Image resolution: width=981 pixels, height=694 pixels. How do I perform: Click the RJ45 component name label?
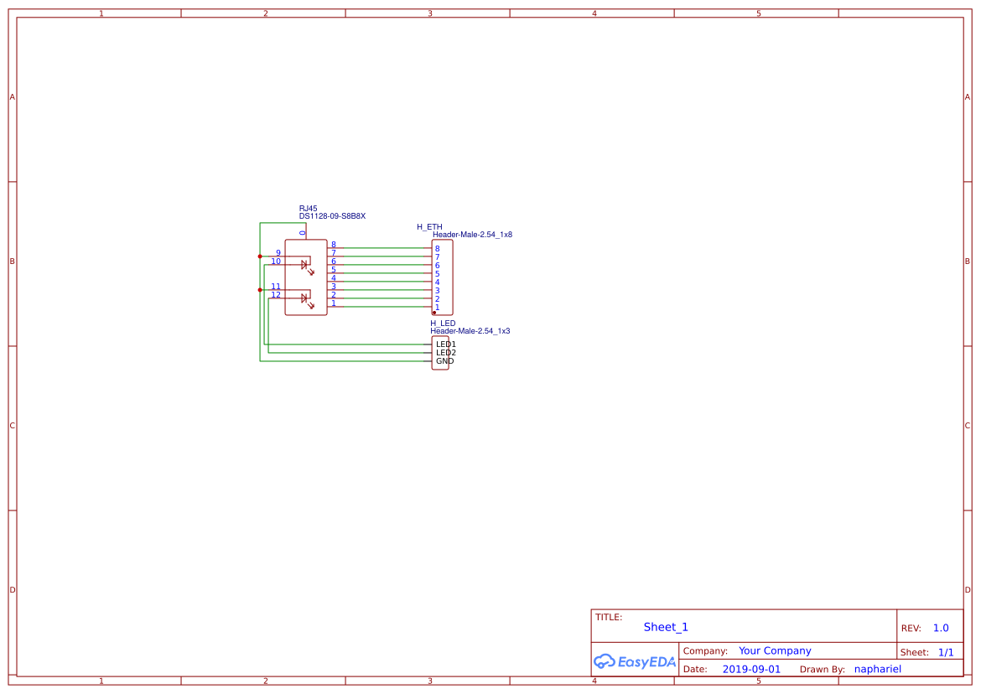click(x=308, y=209)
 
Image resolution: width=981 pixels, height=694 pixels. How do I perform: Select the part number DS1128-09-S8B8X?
click(x=332, y=216)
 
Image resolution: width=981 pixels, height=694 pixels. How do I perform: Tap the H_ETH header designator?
click(x=429, y=227)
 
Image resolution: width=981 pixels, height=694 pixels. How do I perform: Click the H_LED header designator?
click(x=443, y=324)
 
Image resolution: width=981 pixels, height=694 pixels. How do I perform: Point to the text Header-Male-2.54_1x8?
click(x=472, y=235)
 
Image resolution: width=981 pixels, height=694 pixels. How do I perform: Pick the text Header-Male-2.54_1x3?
click(x=470, y=331)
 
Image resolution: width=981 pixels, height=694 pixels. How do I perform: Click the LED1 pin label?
click(x=445, y=344)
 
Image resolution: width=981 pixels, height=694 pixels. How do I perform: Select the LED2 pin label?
click(x=445, y=353)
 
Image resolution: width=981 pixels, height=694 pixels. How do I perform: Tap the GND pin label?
click(x=444, y=361)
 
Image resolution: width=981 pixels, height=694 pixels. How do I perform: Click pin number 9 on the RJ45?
click(x=278, y=253)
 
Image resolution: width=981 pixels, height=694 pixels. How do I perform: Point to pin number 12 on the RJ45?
click(x=276, y=295)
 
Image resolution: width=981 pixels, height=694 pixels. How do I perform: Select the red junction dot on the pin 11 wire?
click(x=260, y=290)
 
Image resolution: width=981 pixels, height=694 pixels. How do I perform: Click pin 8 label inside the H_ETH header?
click(x=437, y=249)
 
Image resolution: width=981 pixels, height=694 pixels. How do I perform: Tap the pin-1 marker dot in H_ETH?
click(x=433, y=313)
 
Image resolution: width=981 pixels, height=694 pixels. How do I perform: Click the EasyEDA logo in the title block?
click(x=634, y=661)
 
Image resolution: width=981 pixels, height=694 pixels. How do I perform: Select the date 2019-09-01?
click(x=750, y=670)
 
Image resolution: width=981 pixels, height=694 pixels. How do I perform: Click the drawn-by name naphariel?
click(x=877, y=670)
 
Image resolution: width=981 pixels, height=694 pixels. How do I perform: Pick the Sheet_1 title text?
click(x=666, y=627)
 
